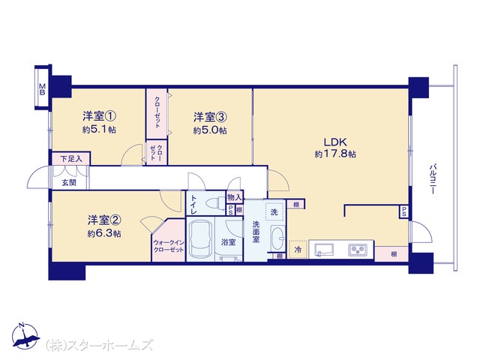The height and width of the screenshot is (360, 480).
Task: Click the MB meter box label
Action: pyautogui.click(x=42, y=89)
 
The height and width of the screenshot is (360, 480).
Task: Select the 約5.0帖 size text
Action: pyautogui.click(x=210, y=130)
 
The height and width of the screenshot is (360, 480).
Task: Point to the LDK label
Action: pyautogui.click(x=335, y=142)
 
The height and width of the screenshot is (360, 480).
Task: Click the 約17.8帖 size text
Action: pyautogui.click(x=335, y=154)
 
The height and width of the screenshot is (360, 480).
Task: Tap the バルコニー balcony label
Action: pyautogui.click(x=433, y=179)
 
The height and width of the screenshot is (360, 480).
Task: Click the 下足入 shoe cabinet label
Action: pyautogui.click(x=71, y=159)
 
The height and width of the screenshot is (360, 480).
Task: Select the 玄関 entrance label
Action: pyautogui.click(x=69, y=182)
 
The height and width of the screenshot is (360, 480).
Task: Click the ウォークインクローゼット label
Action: pyautogui.click(x=169, y=246)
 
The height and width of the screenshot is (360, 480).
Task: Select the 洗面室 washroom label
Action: pyautogui.click(x=256, y=232)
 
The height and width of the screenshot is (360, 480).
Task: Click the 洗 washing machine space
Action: pyautogui.click(x=274, y=211)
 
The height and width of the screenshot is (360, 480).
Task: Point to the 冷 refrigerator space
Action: pyautogui.click(x=298, y=250)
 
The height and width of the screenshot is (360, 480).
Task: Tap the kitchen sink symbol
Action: pyautogui.click(x=325, y=250)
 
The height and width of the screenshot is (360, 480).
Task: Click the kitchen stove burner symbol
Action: pyautogui.click(x=356, y=250)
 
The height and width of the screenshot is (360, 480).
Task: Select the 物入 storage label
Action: pyautogui.click(x=235, y=197)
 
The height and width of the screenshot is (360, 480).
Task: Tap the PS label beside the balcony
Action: pyautogui.click(x=404, y=211)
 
